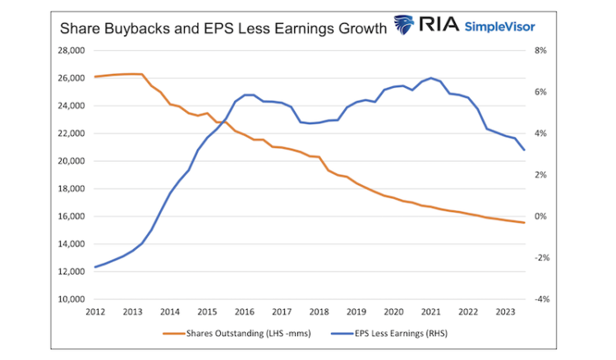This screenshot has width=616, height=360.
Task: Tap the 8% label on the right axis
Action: [x=541, y=51]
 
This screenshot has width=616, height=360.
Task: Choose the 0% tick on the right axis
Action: [x=541, y=216]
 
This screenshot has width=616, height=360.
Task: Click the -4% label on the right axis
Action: [x=541, y=299]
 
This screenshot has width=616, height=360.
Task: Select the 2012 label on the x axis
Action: [x=95, y=312]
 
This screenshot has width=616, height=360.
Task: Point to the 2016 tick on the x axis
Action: [x=244, y=312]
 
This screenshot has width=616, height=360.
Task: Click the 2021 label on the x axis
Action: [x=430, y=312]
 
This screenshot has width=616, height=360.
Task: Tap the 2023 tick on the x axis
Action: [x=505, y=312]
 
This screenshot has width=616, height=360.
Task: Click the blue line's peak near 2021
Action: [x=431, y=77]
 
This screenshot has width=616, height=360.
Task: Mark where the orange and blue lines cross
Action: [x=223, y=122]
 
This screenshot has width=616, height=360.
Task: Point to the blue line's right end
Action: [x=525, y=150]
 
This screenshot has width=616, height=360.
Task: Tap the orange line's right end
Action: [x=525, y=223]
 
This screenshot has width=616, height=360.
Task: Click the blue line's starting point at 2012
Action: [x=95, y=267]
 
